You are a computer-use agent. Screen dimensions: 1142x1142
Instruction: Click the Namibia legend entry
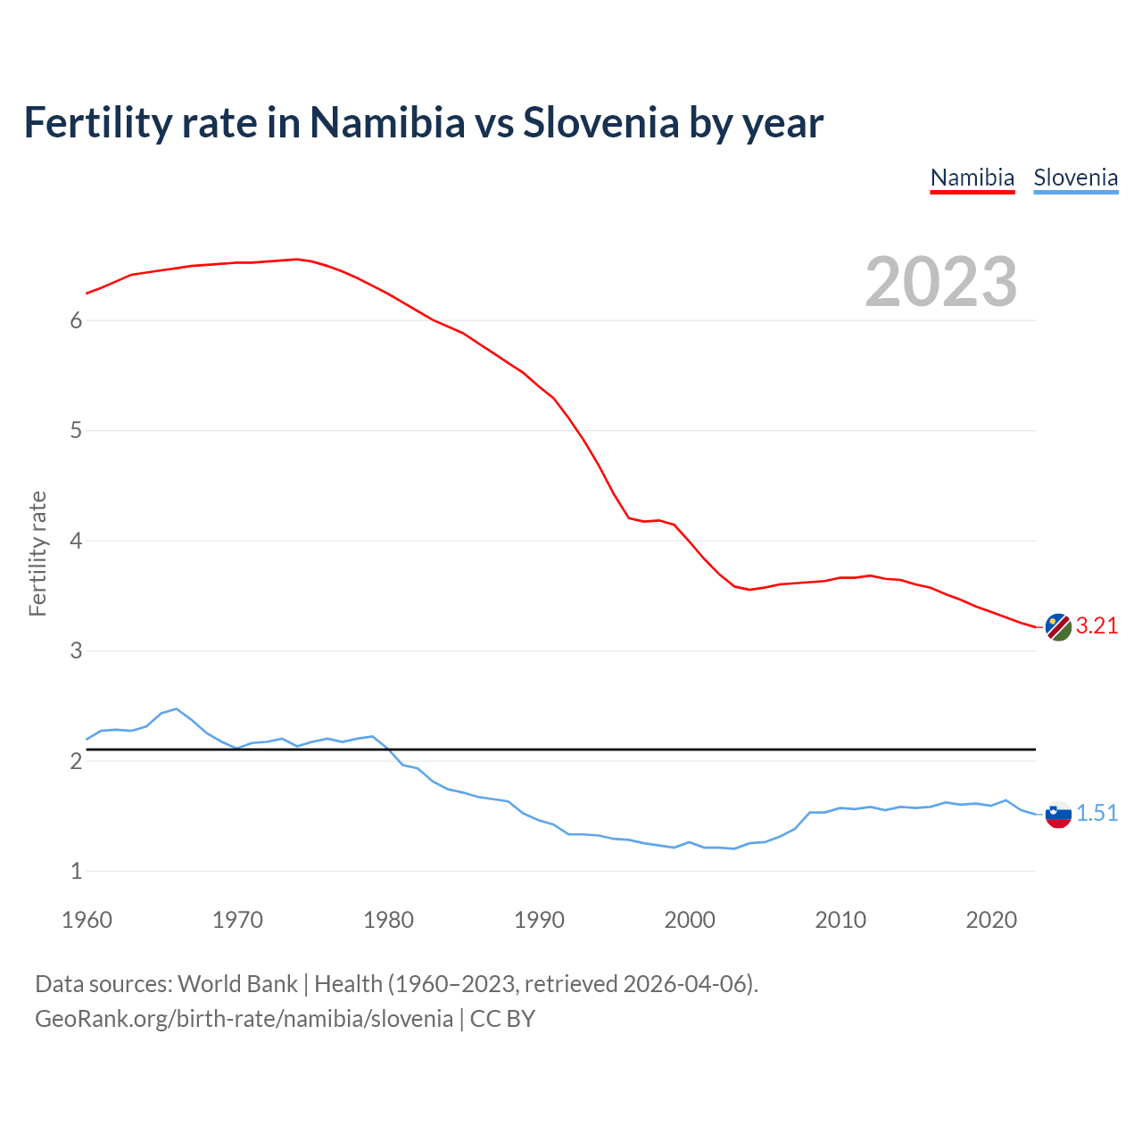(x=972, y=178)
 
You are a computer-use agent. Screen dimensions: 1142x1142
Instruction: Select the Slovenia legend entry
(x=1075, y=178)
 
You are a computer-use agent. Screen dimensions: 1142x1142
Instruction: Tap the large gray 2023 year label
(x=940, y=282)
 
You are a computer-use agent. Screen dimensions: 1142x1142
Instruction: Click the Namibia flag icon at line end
(x=1057, y=627)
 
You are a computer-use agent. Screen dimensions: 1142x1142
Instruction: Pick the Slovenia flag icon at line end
(x=1057, y=814)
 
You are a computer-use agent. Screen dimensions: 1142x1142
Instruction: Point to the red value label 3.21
(x=1096, y=626)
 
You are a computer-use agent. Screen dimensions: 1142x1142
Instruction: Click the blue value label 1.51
(x=1096, y=814)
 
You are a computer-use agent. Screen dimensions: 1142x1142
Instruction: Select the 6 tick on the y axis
(x=76, y=321)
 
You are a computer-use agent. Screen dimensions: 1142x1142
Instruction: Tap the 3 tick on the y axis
(x=76, y=651)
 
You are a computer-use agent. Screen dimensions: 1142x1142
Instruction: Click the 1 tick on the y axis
(x=76, y=872)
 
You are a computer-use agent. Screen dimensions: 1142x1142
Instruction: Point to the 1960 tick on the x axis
(x=87, y=920)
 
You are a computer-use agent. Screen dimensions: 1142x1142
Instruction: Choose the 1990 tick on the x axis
(x=539, y=920)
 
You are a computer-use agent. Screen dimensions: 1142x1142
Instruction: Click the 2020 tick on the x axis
(x=991, y=920)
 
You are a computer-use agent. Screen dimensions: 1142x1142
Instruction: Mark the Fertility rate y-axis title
(x=37, y=553)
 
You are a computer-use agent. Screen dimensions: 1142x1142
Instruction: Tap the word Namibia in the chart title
(x=387, y=123)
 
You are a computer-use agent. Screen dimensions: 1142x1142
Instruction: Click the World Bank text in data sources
(x=237, y=984)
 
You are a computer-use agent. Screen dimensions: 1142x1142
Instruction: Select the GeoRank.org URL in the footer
(x=244, y=1019)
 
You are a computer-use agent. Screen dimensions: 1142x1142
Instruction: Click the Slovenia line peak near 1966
(x=177, y=708)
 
